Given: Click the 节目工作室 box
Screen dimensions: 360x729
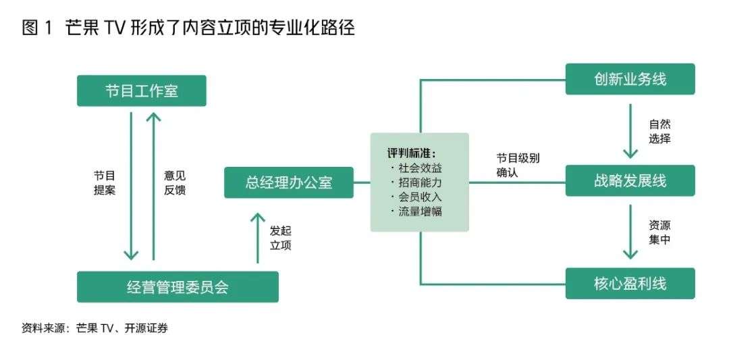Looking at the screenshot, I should pos(141,91).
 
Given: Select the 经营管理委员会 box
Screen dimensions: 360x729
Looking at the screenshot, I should pos(178,287).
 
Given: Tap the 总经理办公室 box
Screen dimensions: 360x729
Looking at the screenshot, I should pos(288,182).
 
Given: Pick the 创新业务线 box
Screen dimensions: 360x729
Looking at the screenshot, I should pos(630,80).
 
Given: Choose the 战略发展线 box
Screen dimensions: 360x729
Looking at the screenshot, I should pos(630,182).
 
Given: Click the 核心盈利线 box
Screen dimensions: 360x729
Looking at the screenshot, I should pos(630,283).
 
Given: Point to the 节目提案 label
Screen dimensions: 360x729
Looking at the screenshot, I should pos(105,182).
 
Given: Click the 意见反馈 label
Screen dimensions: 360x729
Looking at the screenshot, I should pos(174,182).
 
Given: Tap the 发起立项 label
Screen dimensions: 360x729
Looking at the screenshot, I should pos(280,237).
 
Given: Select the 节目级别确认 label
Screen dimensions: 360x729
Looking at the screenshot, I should pos(518,165).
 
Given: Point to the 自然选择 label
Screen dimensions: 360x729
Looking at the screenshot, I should pos(659,131).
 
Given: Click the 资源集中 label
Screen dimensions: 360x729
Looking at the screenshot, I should pos(659,232).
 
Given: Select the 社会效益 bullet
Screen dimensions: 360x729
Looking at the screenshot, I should pos(418,167).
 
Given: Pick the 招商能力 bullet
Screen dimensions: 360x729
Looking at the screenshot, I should pos(418,182).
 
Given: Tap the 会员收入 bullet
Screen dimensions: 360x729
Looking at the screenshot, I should pos(418,197).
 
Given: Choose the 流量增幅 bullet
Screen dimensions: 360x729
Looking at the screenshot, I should pos(418,211).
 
